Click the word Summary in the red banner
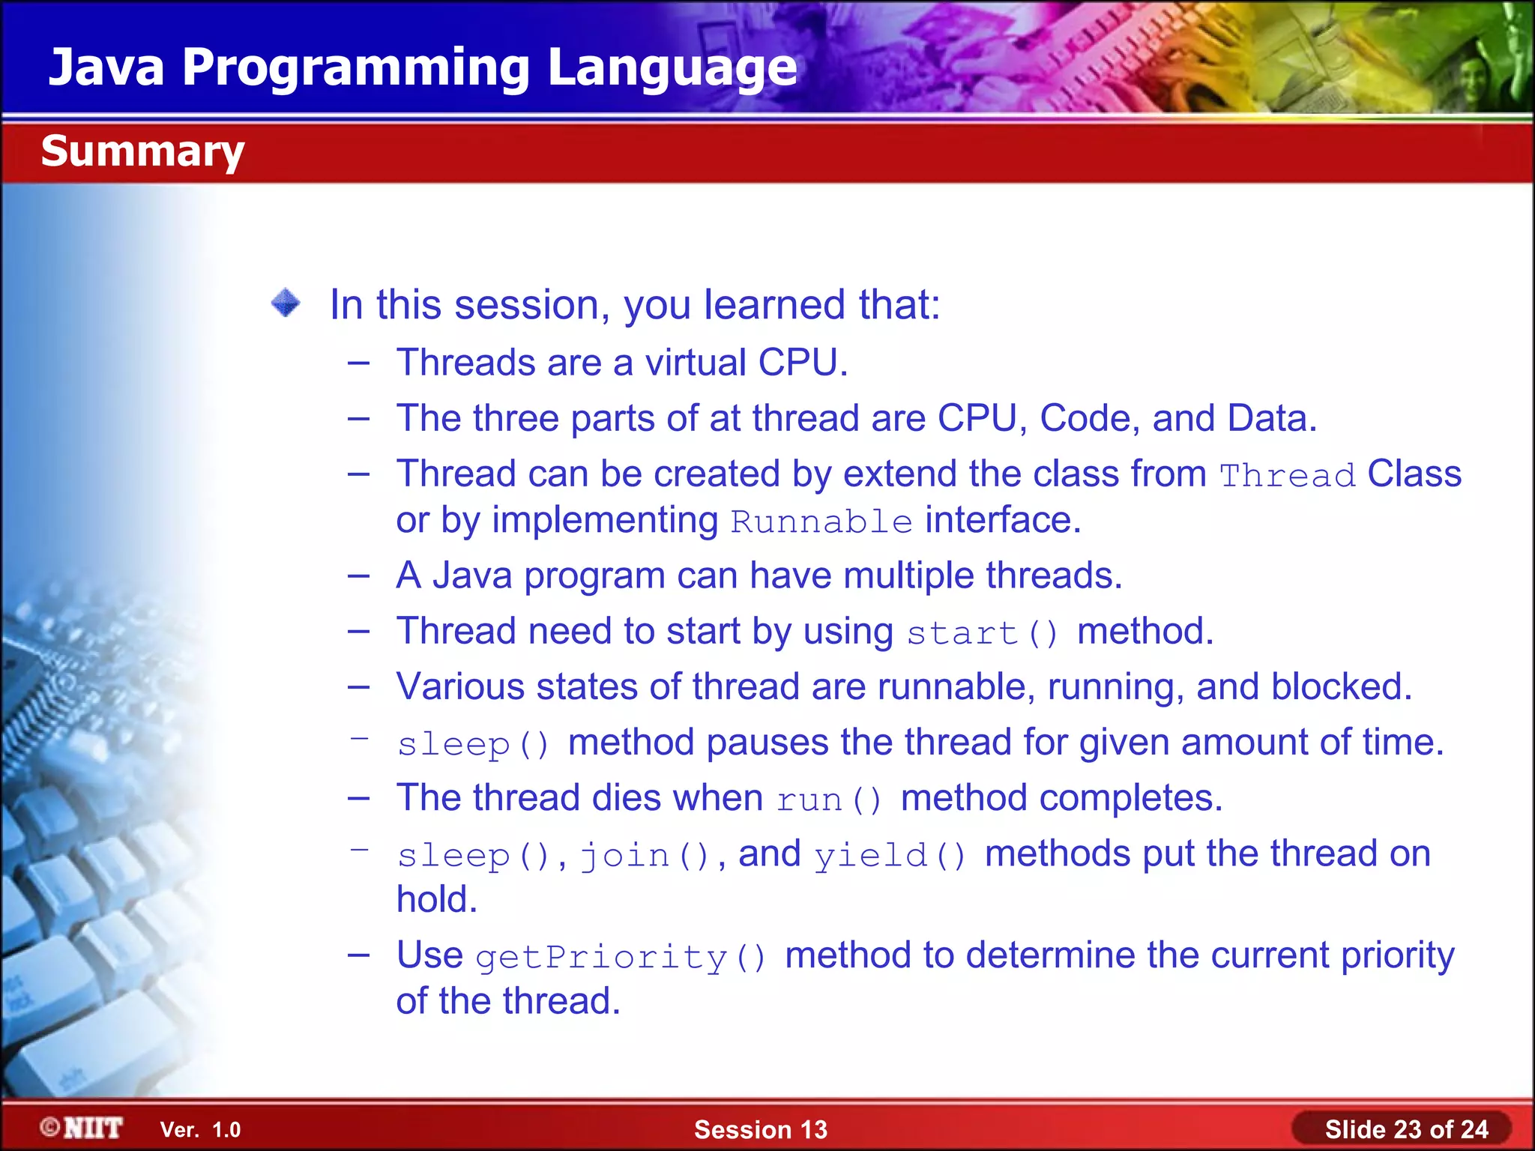click(142, 151)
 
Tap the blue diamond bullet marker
click(286, 303)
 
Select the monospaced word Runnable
click(821, 522)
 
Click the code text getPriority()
click(621, 958)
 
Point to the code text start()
click(982, 633)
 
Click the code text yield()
click(890, 855)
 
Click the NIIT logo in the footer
click(82, 1128)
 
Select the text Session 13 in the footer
click(760, 1129)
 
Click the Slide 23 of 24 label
click(1406, 1129)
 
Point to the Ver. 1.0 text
click(200, 1130)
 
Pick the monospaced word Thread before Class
click(1287, 476)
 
